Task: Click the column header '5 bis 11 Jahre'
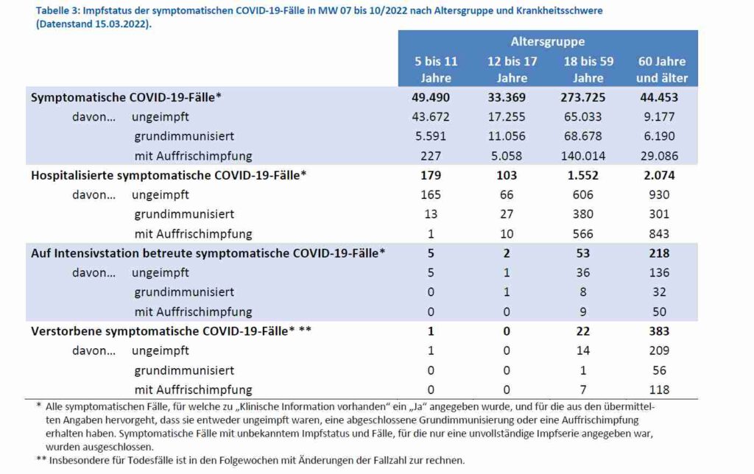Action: [x=436, y=69]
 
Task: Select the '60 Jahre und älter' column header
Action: [x=662, y=69]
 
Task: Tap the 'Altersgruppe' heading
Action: [x=548, y=42]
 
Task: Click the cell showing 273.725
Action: [x=583, y=97]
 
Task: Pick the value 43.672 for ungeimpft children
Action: [x=430, y=117]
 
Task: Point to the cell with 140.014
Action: [x=583, y=156]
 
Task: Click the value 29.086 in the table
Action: [x=659, y=156]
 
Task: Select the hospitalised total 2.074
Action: [x=659, y=175]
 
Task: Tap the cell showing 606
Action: [x=583, y=195]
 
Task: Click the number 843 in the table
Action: [x=659, y=233]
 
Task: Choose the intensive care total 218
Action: [x=659, y=253]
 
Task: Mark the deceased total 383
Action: [x=659, y=331]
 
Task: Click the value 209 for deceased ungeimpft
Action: [x=659, y=350]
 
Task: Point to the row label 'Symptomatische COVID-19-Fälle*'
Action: [x=126, y=98]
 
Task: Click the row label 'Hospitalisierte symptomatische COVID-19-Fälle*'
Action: [x=169, y=175]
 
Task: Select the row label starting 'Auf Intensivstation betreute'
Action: [x=208, y=253]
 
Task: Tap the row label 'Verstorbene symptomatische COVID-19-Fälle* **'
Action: [x=171, y=331]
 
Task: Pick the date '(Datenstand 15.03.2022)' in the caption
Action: [x=94, y=24]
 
